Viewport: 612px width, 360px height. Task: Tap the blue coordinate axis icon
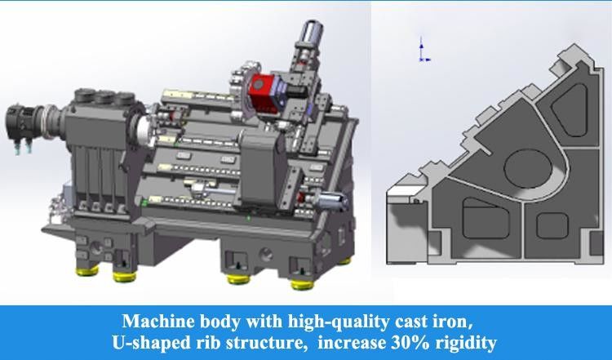[421, 51]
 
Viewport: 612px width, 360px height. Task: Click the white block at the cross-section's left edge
[403, 196]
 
